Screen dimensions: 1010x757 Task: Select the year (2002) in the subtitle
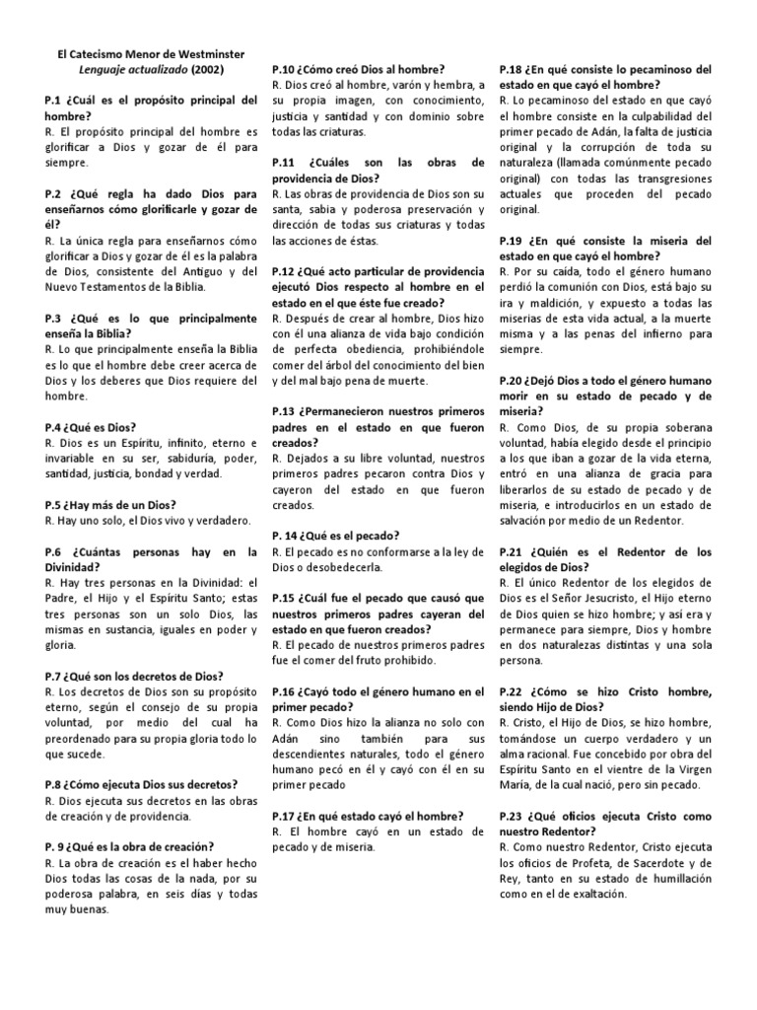213,71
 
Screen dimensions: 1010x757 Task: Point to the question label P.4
55,427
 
